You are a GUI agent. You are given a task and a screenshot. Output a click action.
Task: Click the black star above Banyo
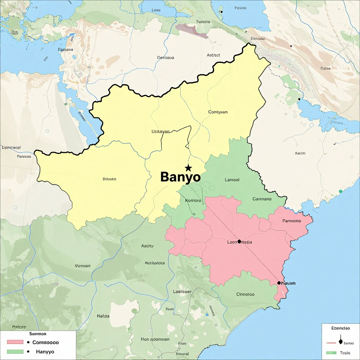coord(188,168)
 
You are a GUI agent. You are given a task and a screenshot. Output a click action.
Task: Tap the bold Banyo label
coord(180,177)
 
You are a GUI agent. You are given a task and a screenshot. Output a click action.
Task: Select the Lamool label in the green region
coord(232,180)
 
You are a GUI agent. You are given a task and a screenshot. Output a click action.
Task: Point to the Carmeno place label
coord(262,199)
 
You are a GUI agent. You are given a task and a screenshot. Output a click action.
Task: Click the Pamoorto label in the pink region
coord(291,221)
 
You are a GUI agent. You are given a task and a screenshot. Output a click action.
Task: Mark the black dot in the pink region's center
coord(239,242)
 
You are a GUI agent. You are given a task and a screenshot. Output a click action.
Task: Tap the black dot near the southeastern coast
coord(279,283)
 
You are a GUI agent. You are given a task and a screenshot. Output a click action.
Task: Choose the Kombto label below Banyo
coord(193,200)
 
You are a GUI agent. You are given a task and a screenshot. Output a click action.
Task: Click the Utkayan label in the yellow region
coord(160,131)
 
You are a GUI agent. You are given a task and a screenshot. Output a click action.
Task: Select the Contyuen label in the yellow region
coord(218,112)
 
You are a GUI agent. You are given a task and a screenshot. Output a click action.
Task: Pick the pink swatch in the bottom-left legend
coord(15,342)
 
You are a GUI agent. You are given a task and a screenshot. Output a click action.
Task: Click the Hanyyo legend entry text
coord(45,351)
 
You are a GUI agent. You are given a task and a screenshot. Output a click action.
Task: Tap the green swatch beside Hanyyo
coord(15,351)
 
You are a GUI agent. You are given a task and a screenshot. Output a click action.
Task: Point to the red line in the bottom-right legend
coord(332,342)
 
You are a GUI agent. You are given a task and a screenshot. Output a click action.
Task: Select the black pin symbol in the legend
coord(340,341)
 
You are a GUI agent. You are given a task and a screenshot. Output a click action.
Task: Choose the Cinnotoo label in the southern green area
coord(245,294)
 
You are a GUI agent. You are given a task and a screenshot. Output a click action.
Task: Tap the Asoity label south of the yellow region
coord(147,246)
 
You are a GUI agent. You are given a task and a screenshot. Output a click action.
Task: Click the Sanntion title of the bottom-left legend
coord(38,334)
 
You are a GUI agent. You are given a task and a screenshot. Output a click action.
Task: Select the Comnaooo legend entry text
coord(45,342)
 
